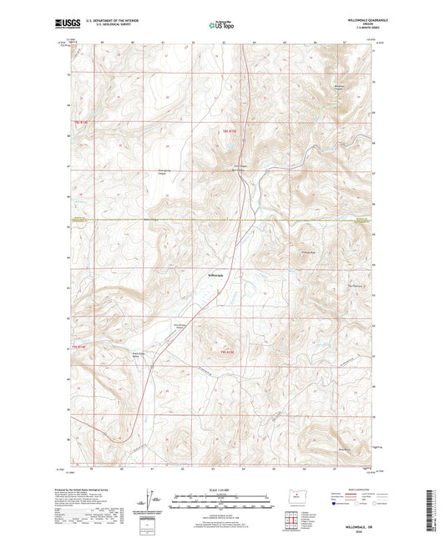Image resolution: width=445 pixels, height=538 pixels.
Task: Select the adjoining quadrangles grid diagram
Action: (x=294, y=525)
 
